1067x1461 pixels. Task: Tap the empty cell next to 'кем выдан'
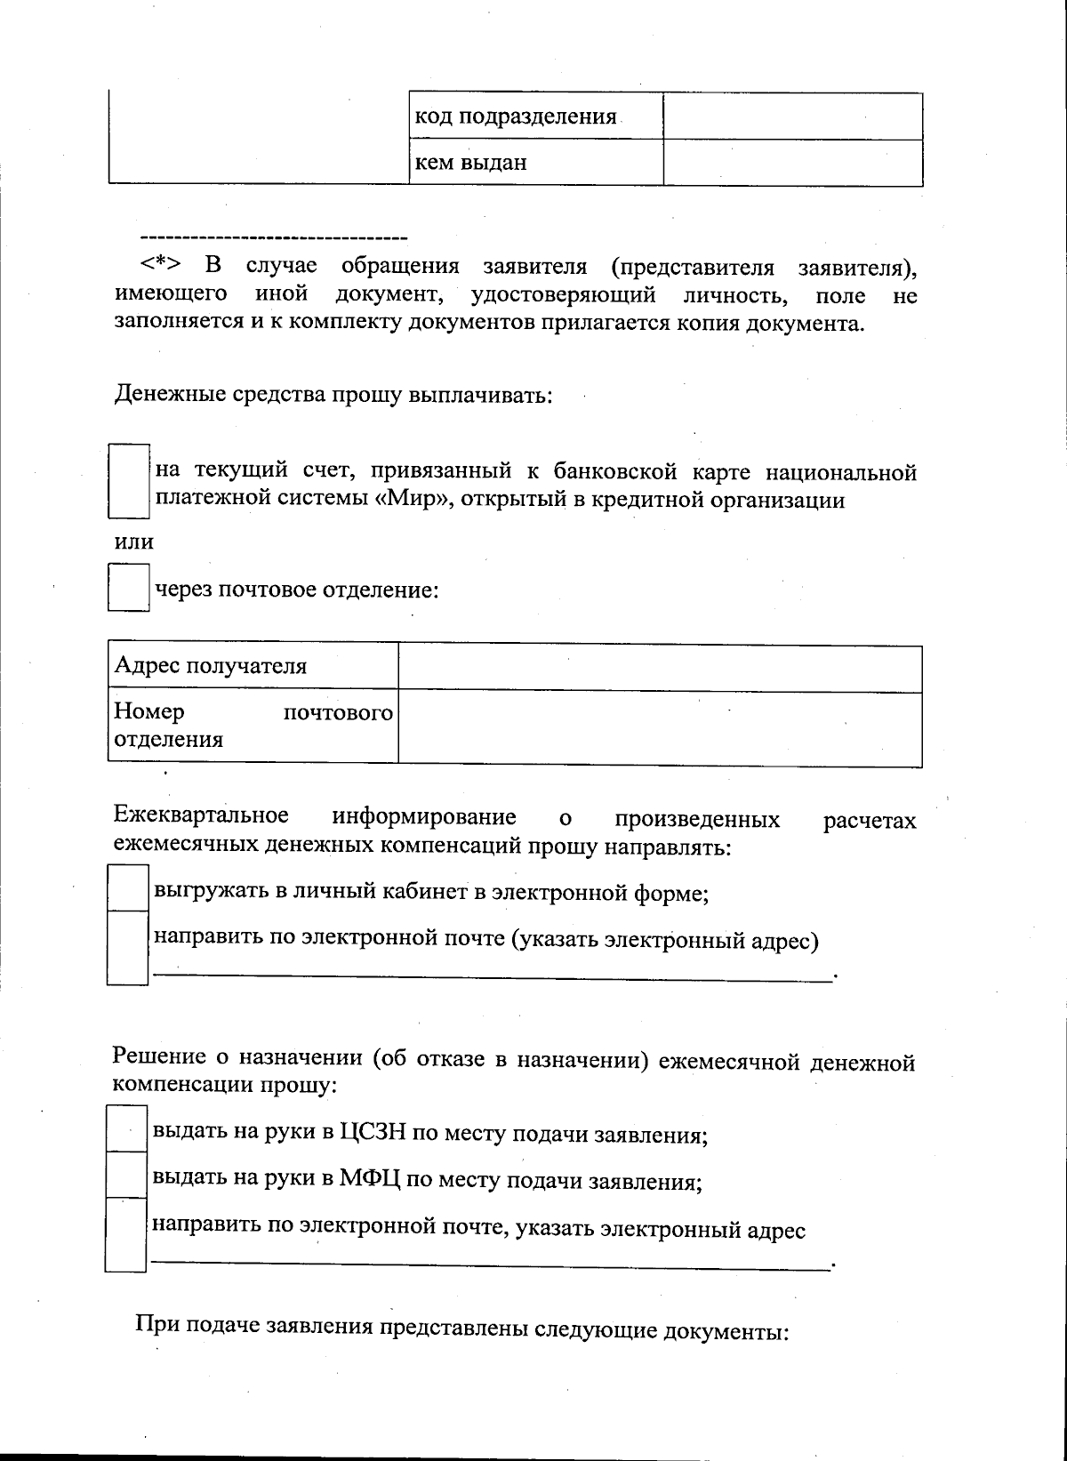(792, 163)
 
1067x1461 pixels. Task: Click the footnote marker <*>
(160, 265)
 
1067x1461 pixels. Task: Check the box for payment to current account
(128, 481)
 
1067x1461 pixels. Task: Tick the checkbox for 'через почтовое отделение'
(128, 588)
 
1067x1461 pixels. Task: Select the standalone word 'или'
(134, 542)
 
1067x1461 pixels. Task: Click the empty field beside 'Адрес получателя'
(660, 668)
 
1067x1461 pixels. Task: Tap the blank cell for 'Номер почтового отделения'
(660, 726)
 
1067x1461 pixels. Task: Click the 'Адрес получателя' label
(211, 666)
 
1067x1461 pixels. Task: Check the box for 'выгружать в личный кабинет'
(127, 887)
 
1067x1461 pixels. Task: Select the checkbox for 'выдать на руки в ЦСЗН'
(125, 1128)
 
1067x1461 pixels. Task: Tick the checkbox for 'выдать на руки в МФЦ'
(125, 1176)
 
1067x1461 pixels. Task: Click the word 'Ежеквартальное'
(202, 816)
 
